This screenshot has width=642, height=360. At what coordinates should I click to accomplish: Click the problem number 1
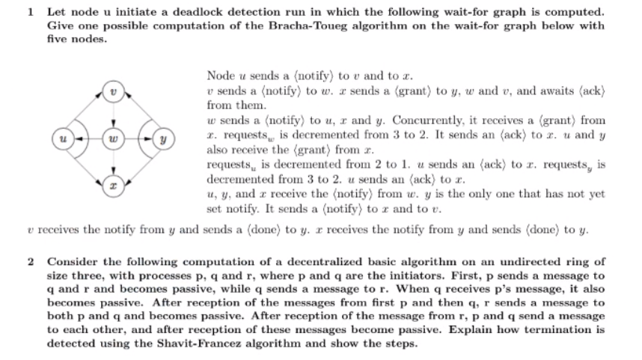pos(28,13)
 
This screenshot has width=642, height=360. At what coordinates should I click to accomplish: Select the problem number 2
pos(28,261)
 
